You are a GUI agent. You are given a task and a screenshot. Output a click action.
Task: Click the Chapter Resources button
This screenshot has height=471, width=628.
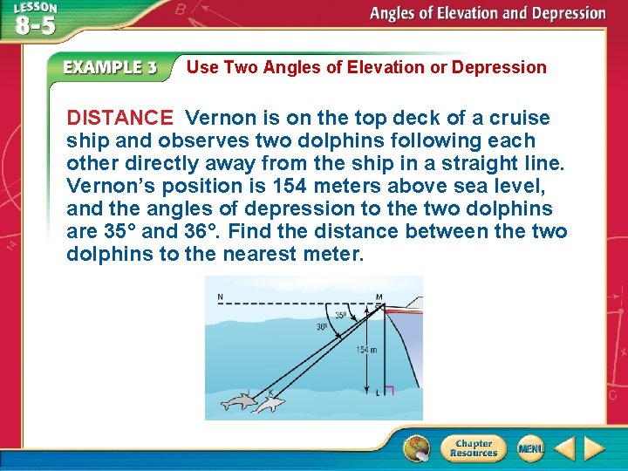point(472,448)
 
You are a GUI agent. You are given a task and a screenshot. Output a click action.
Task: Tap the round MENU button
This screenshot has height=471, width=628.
point(530,448)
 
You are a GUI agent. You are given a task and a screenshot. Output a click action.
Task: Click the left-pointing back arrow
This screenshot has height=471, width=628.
point(564,449)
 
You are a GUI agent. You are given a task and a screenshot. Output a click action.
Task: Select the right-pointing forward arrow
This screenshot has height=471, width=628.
point(594,449)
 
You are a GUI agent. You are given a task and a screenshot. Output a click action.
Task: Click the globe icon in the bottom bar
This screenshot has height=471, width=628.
point(416,448)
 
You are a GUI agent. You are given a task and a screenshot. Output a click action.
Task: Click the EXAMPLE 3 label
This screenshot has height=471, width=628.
point(109,68)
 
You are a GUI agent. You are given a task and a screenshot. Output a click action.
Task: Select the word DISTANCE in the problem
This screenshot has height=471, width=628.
point(120,118)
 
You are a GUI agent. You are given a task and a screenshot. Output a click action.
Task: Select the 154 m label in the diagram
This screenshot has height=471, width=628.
point(366,350)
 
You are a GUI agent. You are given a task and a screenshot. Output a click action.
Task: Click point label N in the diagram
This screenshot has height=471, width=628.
point(219,297)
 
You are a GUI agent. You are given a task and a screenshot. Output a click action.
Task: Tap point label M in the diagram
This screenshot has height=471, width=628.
point(379,297)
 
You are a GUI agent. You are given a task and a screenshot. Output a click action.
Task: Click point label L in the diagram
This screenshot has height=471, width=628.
point(377,394)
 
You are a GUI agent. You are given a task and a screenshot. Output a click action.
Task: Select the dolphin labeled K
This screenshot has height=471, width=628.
point(271,402)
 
